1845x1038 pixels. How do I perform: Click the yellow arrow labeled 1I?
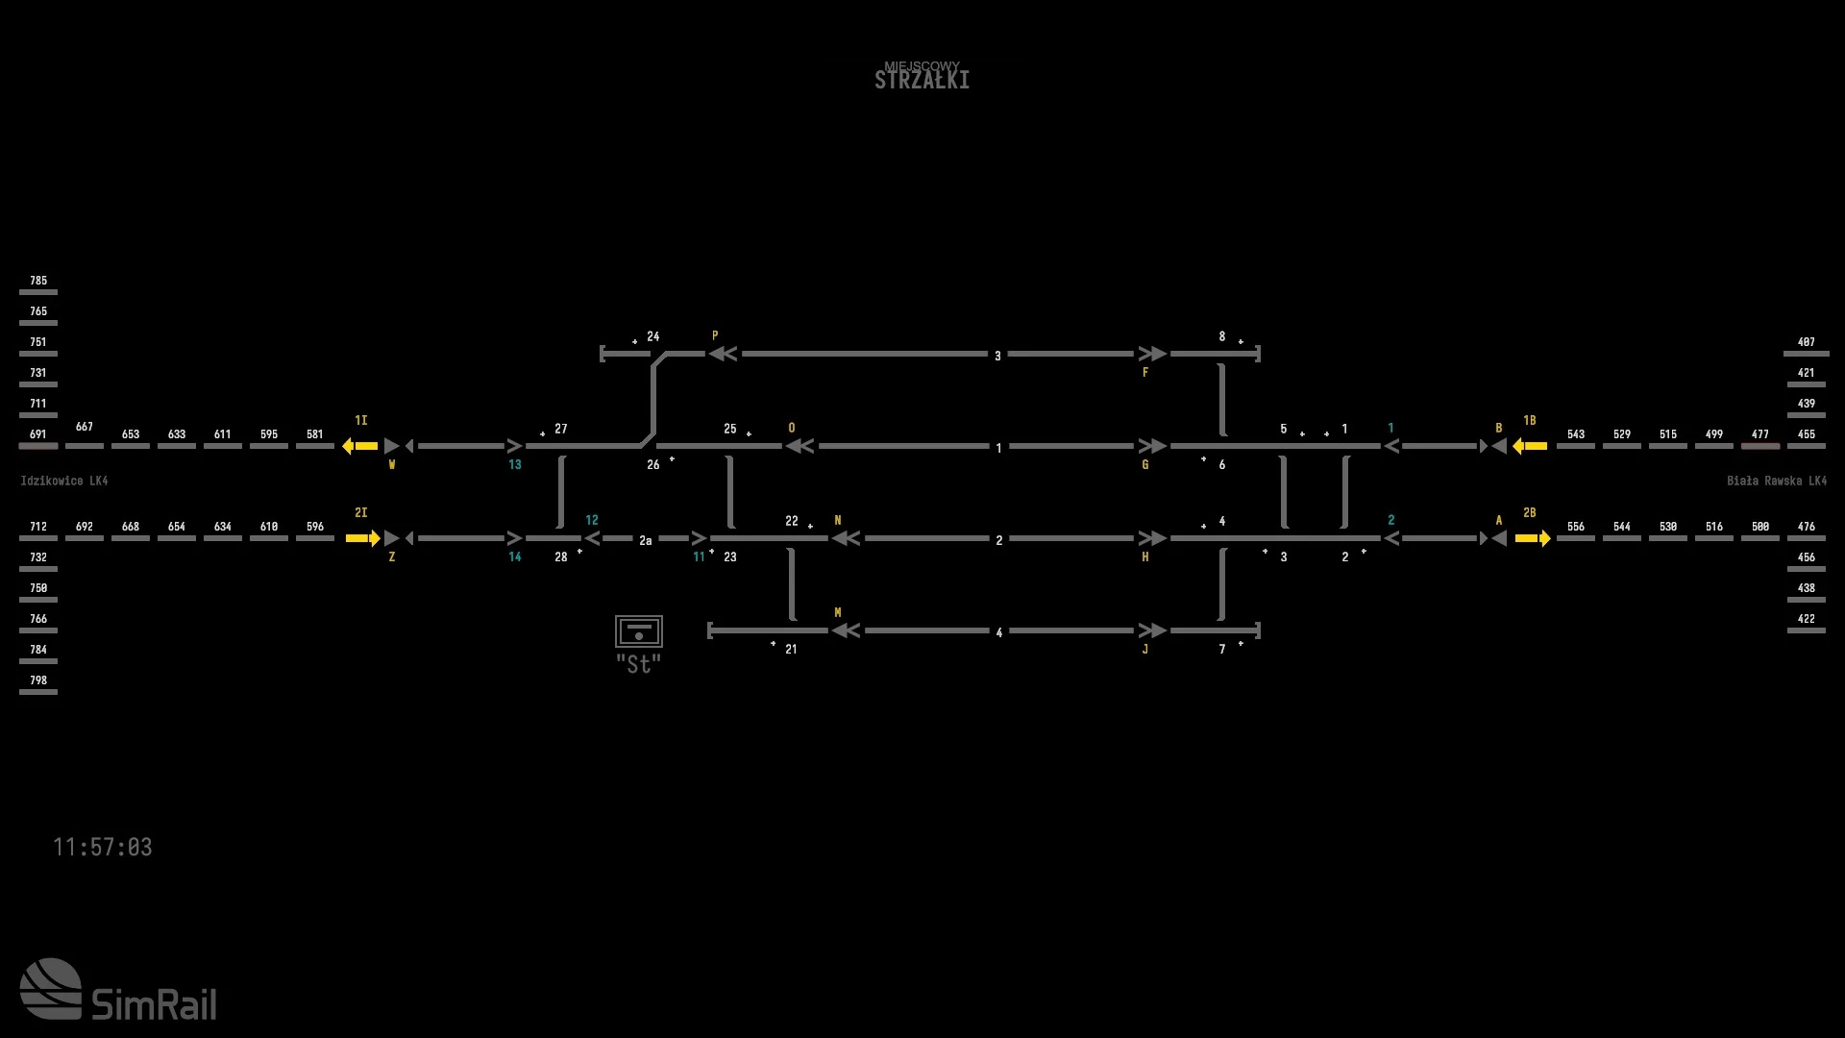pyautogui.click(x=360, y=446)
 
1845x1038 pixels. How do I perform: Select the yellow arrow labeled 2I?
pyautogui.click(x=362, y=538)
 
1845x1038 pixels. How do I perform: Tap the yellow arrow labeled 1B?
pyautogui.click(x=1529, y=446)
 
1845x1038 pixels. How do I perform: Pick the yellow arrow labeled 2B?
pyautogui.click(x=1533, y=538)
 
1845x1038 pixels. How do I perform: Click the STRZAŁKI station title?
pyautogui.click(x=922, y=80)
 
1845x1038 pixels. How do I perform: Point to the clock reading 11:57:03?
pyautogui.click(x=102, y=847)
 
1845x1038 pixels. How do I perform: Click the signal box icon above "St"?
pyautogui.click(x=639, y=631)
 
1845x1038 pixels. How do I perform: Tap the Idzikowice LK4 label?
pyautogui.click(x=63, y=481)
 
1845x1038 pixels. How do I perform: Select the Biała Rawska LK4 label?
pyautogui.click(x=1776, y=481)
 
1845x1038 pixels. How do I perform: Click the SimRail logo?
pyautogui.click(x=118, y=990)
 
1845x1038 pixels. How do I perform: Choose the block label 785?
pyautogui.click(x=38, y=281)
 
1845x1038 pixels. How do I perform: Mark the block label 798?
pyautogui.click(x=38, y=680)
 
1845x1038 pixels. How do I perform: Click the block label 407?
pyautogui.click(x=1806, y=342)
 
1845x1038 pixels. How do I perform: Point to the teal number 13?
pyautogui.click(x=515, y=465)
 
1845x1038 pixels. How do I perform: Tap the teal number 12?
pyautogui.click(x=592, y=520)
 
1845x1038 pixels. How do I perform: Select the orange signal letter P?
pyautogui.click(x=715, y=336)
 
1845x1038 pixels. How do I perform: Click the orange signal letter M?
pyautogui.click(x=838, y=612)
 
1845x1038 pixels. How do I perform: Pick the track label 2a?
pyautogui.click(x=646, y=540)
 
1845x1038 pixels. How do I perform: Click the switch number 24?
pyautogui.click(x=653, y=336)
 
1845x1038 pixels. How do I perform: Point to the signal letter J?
pyautogui.click(x=1145, y=650)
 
